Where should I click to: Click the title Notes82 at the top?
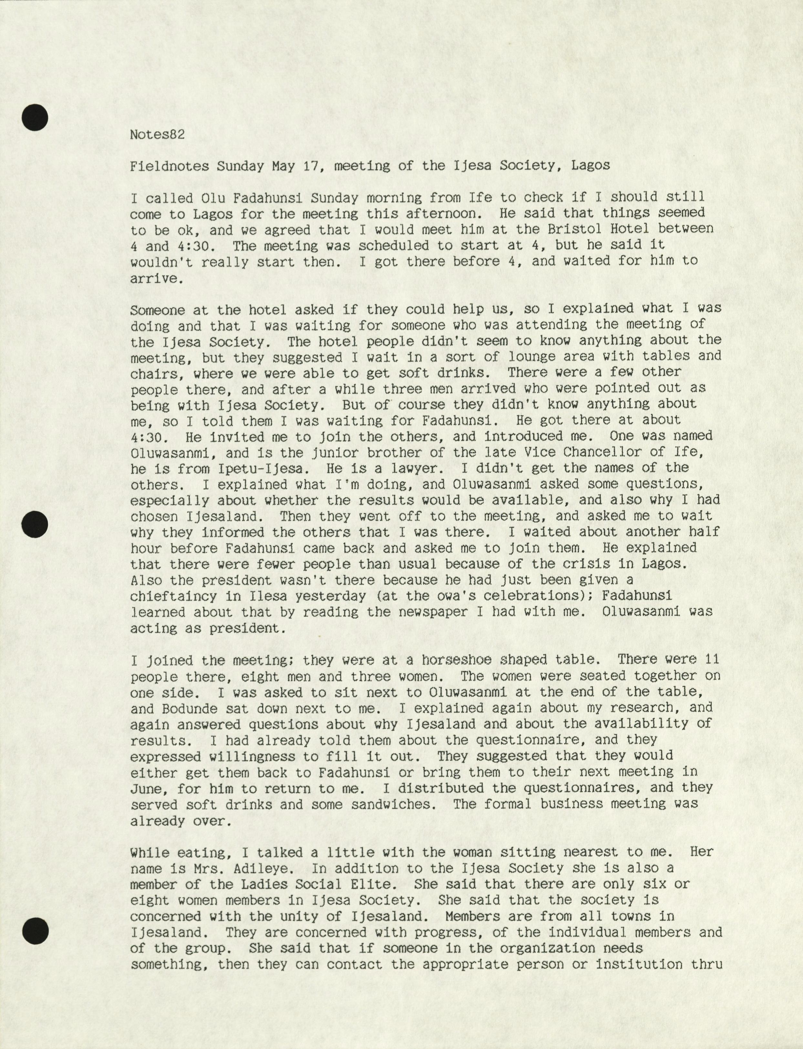pos(157,134)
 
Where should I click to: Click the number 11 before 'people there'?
pos(712,660)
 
